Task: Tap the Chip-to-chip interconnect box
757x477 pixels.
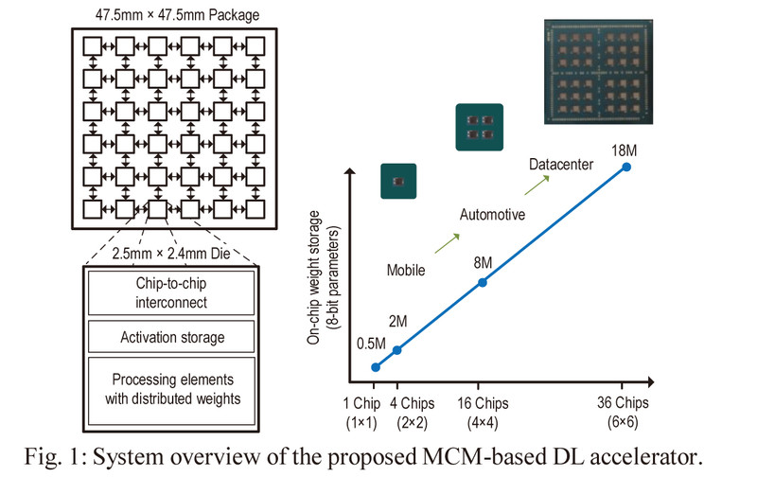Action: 172,292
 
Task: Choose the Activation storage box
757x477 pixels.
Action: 172,337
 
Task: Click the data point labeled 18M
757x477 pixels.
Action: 625,168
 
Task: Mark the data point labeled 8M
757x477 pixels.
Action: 483,282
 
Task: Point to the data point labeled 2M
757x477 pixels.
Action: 396,350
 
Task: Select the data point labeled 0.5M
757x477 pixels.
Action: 376,367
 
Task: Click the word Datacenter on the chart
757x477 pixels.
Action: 561,166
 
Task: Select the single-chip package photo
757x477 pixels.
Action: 398,181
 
